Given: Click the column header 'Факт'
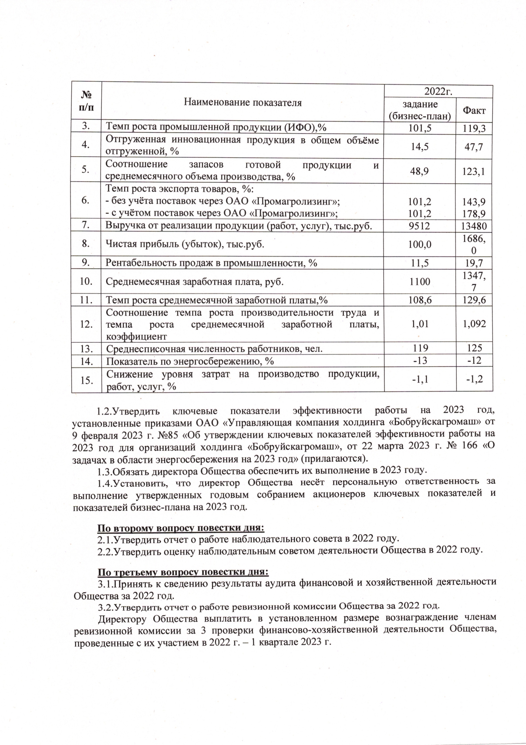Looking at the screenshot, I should pos(474,111).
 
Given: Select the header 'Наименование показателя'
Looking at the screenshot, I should pos(243,103).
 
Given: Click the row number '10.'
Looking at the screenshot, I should pos(86,281).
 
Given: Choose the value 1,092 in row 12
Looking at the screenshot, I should pos(474,324).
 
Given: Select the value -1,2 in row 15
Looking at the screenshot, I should pos(474,380).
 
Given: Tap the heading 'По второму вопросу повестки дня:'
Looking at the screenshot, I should pos(180,528).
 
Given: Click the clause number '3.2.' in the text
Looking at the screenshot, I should pos(106,606).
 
